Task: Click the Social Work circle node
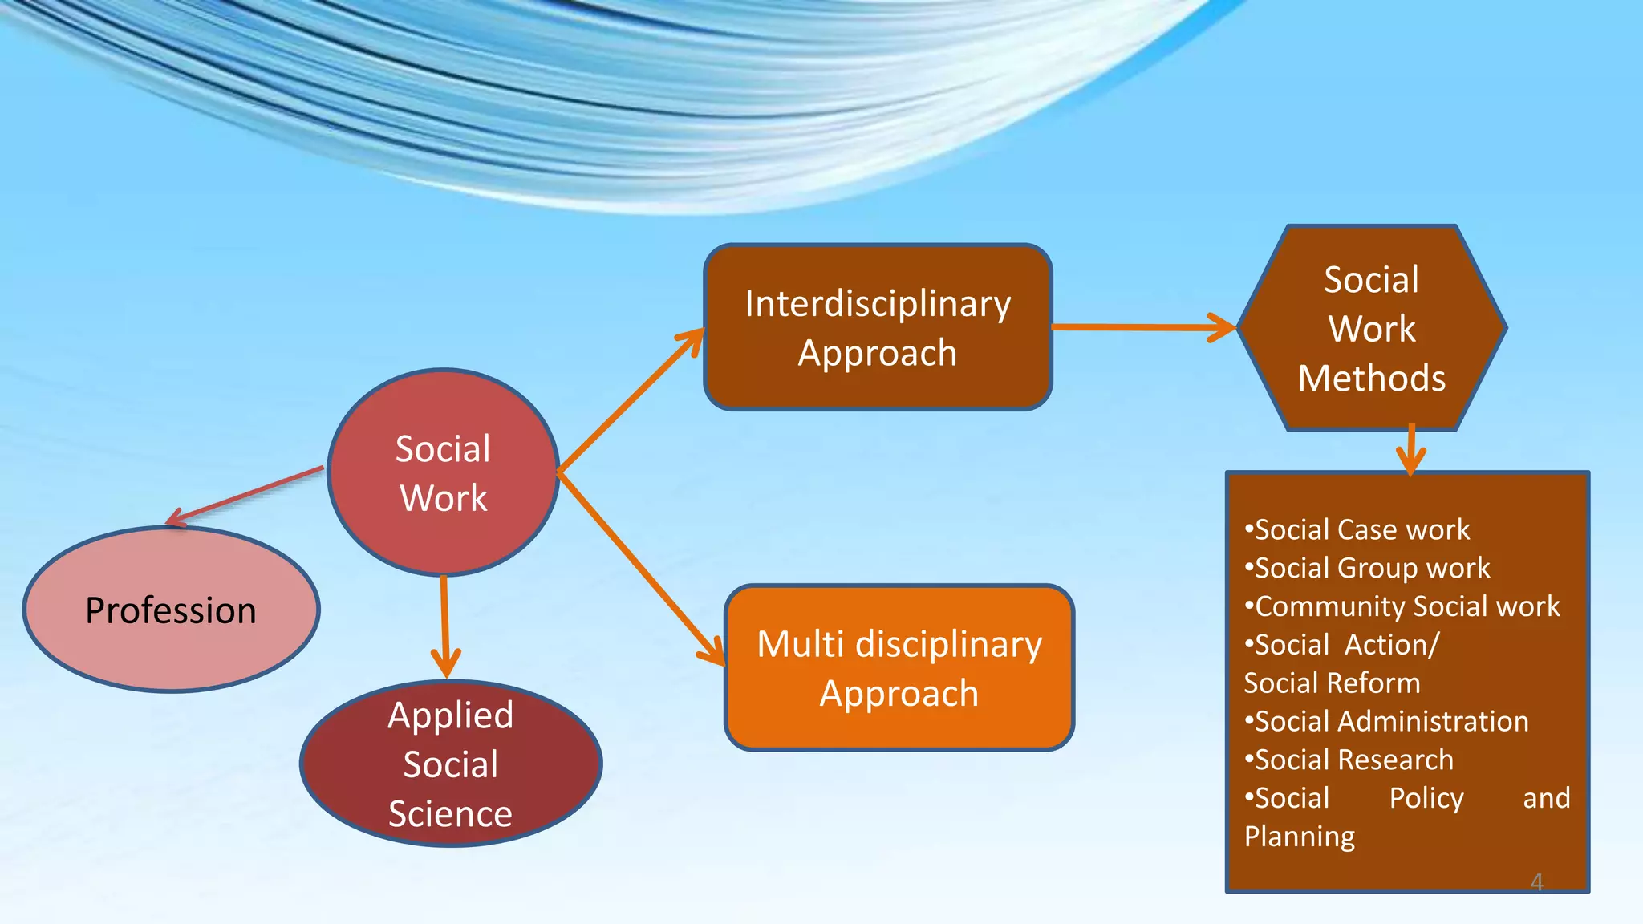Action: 443,473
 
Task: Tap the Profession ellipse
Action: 171,610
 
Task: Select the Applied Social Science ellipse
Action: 450,764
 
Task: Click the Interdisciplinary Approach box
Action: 878,327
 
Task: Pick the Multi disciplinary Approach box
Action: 899,668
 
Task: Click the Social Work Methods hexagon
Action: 1372,328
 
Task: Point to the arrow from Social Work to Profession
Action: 245,496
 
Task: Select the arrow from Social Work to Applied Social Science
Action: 444,626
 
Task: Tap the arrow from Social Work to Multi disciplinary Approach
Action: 642,569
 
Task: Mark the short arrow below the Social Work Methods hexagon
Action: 1411,449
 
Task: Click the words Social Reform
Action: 1332,683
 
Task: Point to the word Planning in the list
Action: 1300,837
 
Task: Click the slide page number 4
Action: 1536,882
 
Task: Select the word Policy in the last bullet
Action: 1426,799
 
